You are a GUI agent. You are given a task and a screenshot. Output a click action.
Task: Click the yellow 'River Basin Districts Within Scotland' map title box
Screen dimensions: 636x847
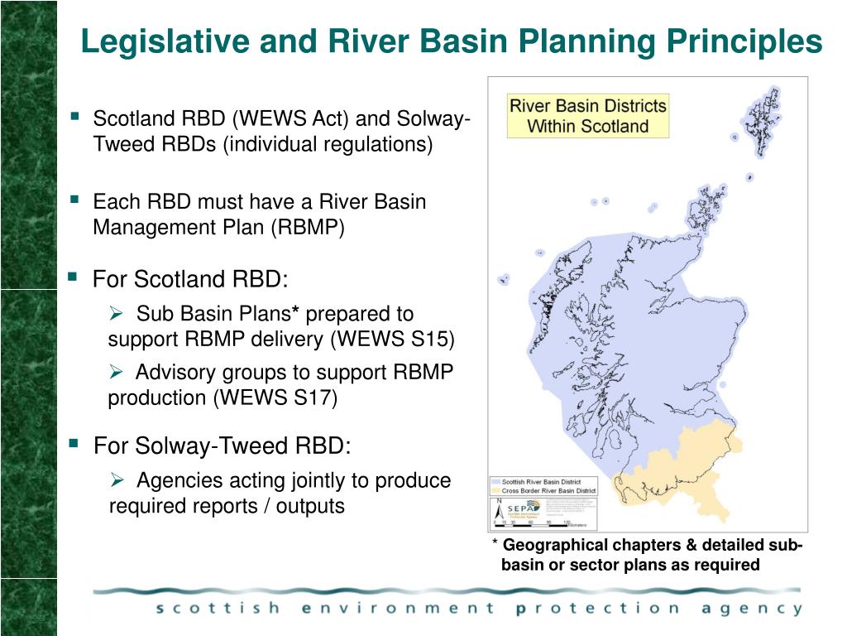point(587,116)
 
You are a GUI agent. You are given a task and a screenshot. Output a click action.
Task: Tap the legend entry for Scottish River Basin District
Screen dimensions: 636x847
point(542,481)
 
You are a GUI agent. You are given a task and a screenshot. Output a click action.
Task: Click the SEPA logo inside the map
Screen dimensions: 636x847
point(520,508)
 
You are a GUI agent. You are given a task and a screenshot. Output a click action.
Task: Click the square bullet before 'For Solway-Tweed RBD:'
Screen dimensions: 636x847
point(73,445)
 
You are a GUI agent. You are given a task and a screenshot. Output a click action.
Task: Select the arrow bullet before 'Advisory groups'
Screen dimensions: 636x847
point(117,372)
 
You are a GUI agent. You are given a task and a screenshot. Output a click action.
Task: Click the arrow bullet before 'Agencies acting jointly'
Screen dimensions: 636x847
point(117,479)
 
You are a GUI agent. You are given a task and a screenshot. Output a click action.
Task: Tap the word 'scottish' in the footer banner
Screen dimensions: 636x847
point(218,609)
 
